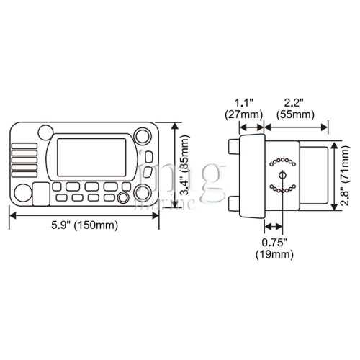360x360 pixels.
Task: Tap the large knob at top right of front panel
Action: pos(143,137)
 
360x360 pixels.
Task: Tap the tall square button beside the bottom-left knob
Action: pos(41,193)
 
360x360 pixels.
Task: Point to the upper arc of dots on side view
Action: pos(281,159)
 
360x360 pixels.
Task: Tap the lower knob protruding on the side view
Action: pos(231,204)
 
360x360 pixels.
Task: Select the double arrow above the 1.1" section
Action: pos(243,127)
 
